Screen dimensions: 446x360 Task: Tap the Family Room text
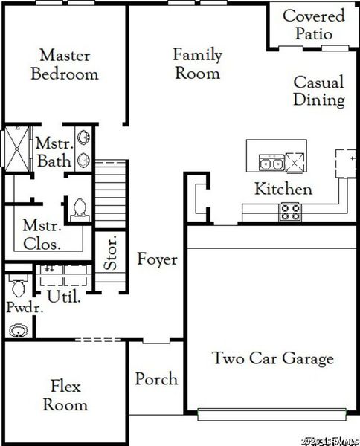(x=196, y=64)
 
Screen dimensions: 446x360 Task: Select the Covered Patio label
(x=313, y=25)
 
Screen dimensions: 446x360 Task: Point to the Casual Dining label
(x=318, y=91)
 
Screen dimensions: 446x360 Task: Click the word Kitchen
(x=283, y=189)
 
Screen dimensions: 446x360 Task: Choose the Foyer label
(x=157, y=259)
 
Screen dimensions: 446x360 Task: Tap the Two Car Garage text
(x=272, y=359)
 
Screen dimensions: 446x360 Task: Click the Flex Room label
(x=65, y=395)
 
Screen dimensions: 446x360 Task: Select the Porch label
(x=156, y=379)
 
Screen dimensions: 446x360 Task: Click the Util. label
(x=64, y=296)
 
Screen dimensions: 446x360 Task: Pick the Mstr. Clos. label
(x=41, y=233)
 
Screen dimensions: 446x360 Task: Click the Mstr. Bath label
(x=54, y=152)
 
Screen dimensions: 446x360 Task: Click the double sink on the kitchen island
(x=269, y=162)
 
